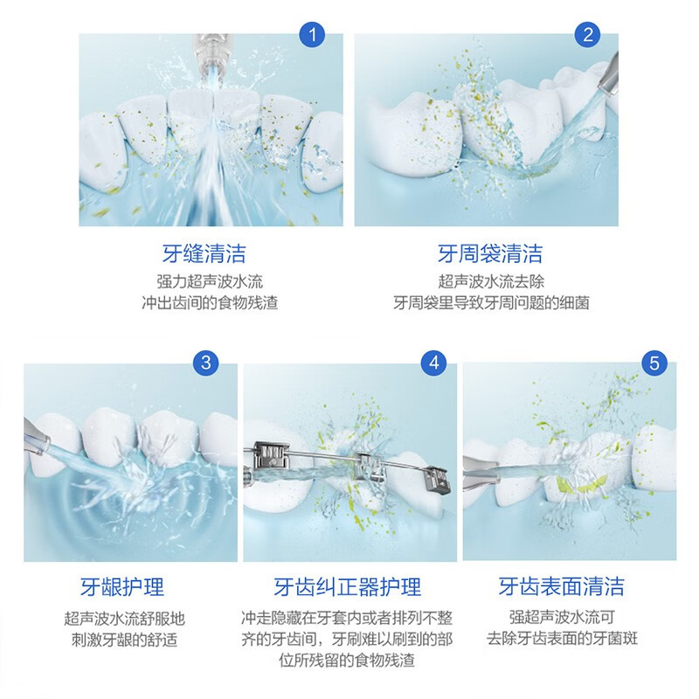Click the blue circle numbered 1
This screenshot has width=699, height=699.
pos(312,35)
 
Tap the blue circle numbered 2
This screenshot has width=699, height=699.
pos(588,35)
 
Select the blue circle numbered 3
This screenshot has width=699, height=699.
pos(206,363)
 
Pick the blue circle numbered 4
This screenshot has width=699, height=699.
pos(435,363)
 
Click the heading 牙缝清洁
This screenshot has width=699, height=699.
pos(204,254)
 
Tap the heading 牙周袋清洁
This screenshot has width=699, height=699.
pos(490,254)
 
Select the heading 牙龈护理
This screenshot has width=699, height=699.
pos(121,586)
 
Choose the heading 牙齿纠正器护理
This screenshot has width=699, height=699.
pos(347,586)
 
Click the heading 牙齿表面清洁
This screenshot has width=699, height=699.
pos(562,586)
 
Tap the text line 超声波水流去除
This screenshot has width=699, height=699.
pos(490,282)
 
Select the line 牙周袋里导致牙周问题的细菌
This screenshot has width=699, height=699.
pos(490,303)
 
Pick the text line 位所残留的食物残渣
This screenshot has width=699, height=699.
pos(347,660)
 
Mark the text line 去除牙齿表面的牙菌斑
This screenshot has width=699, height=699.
pos(562,639)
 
